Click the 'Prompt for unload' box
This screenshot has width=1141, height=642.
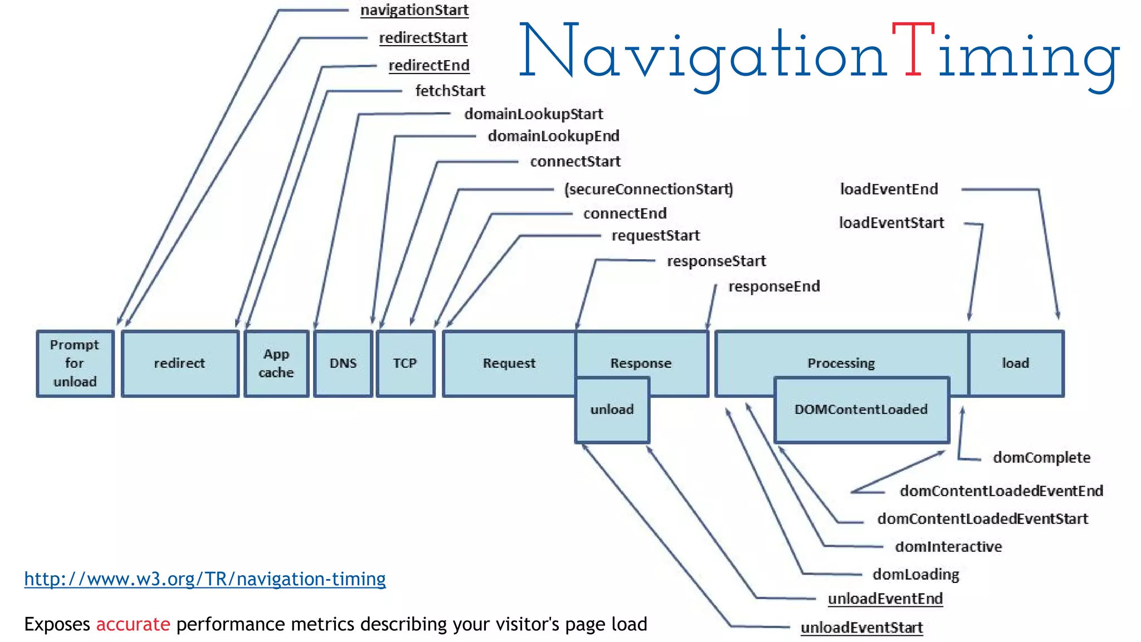[x=75, y=363]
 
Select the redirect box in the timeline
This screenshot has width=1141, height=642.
[x=180, y=363]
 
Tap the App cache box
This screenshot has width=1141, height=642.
[x=276, y=363]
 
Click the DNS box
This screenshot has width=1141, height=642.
[x=343, y=363]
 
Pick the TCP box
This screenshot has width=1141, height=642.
[x=405, y=363]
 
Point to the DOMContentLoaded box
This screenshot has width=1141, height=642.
[x=861, y=410]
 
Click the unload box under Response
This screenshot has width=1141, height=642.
[x=612, y=410]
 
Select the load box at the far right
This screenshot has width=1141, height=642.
[x=1016, y=363]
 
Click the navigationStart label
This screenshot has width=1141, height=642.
[x=415, y=10]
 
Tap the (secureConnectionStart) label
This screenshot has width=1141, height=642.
[x=648, y=189]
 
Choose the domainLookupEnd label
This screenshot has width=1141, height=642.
[x=553, y=136]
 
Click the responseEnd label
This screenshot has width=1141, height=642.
[x=774, y=286]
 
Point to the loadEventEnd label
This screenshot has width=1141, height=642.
[x=889, y=189]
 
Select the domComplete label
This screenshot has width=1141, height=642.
[x=1041, y=458]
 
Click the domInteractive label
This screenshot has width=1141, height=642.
[x=948, y=547]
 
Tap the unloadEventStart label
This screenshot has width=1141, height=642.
[x=861, y=628]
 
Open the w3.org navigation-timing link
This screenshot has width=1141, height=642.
[x=205, y=579]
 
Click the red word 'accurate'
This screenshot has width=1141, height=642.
[x=133, y=624]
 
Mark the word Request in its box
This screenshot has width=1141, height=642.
[x=509, y=363]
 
